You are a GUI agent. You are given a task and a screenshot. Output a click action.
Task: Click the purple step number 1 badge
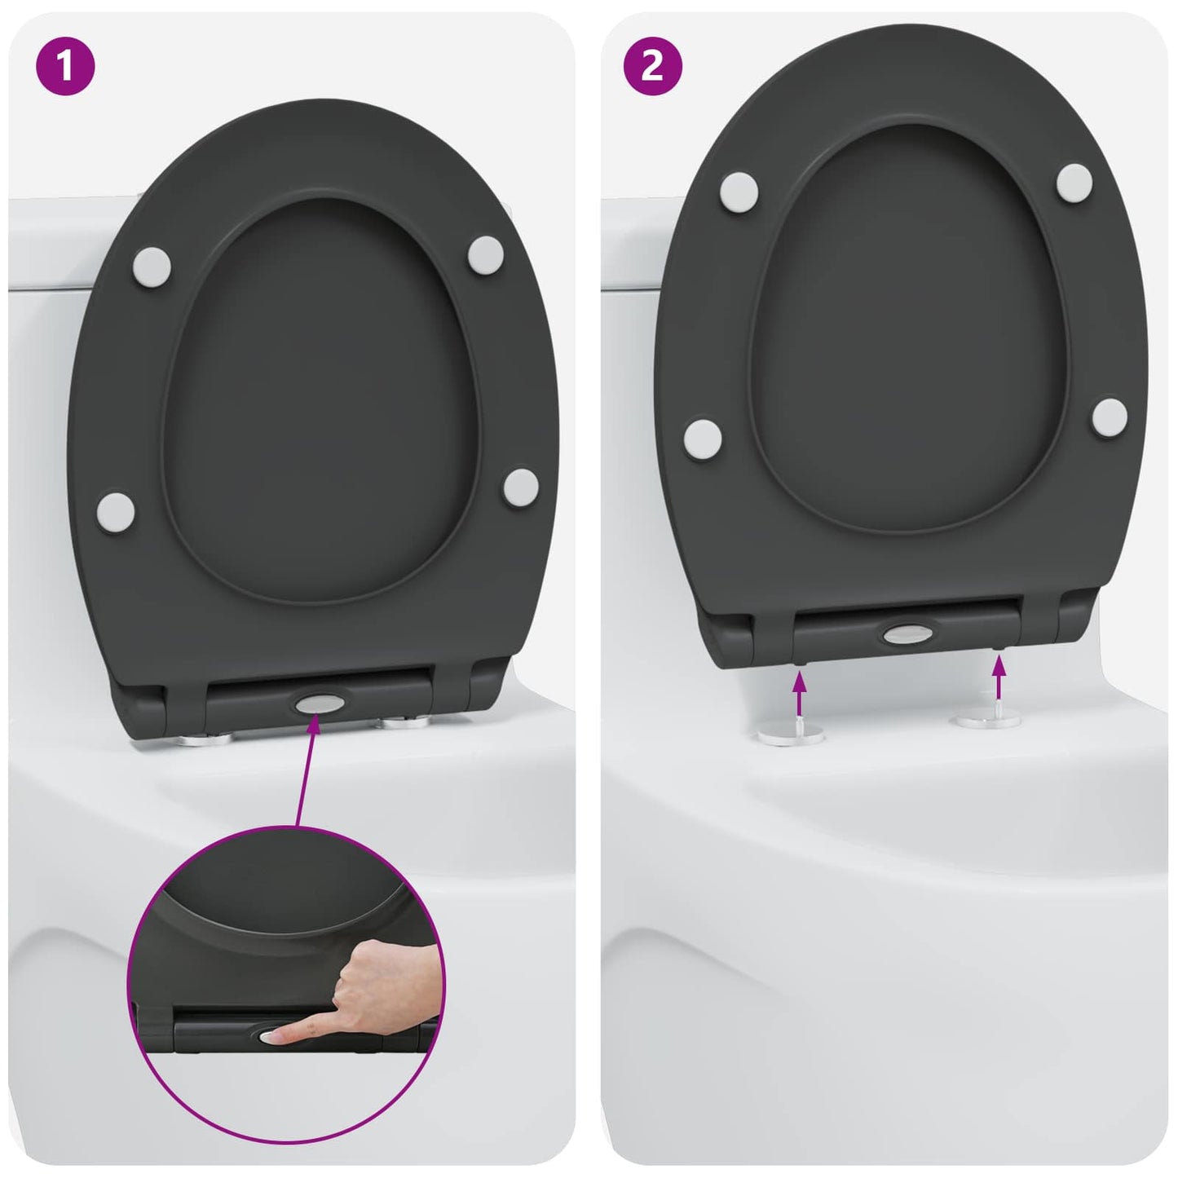(65, 65)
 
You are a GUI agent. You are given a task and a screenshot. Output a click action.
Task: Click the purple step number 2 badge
(652, 65)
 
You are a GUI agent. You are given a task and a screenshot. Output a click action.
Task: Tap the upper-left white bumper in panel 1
(151, 267)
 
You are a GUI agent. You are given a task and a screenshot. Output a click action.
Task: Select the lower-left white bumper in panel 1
(115, 512)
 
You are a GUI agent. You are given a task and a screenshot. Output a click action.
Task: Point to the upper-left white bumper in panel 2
(739, 190)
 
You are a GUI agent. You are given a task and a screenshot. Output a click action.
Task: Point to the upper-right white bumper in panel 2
(1074, 182)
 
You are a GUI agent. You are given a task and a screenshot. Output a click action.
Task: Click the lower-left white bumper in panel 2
(704, 438)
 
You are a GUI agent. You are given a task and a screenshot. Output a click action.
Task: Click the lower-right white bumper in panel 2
(1110, 417)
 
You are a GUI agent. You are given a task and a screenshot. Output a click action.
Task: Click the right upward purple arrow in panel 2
(999, 677)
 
